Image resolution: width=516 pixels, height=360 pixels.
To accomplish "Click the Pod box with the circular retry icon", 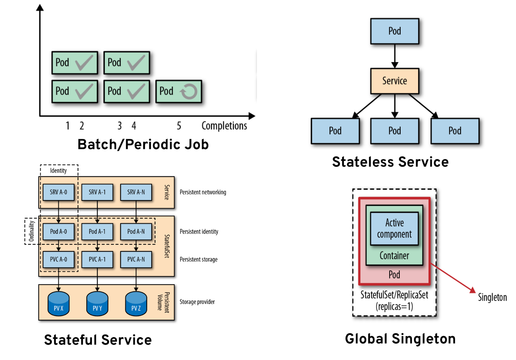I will [178, 92].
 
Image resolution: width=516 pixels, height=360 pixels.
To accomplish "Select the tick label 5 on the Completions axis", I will [179, 126].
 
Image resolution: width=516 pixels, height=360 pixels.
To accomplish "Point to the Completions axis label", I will [224, 126].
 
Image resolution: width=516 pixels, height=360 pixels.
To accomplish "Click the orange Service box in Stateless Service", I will [394, 81].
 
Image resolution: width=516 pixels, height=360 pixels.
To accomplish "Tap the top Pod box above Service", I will [394, 31].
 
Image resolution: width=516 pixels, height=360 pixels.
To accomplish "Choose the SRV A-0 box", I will [58, 192].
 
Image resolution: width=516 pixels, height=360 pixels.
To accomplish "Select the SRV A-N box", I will [136, 192].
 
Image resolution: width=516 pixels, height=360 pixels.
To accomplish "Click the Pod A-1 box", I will [97, 232].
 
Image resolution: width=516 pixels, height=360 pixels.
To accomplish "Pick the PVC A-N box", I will [136, 259].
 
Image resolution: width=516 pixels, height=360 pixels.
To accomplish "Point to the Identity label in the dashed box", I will [58, 170].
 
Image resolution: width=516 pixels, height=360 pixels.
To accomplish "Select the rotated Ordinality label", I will [31, 231].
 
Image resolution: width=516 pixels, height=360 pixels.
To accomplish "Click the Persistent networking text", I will [203, 192].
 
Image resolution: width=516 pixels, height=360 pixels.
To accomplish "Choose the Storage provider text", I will [197, 302].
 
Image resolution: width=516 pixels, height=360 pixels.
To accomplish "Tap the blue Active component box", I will [394, 229].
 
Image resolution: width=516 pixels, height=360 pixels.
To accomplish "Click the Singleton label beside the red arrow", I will [492, 297].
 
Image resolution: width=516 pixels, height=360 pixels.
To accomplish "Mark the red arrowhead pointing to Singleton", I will [472, 290].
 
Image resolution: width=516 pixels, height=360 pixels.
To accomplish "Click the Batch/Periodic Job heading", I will [143, 144].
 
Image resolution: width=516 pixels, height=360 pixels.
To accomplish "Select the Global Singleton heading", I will [400, 339].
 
